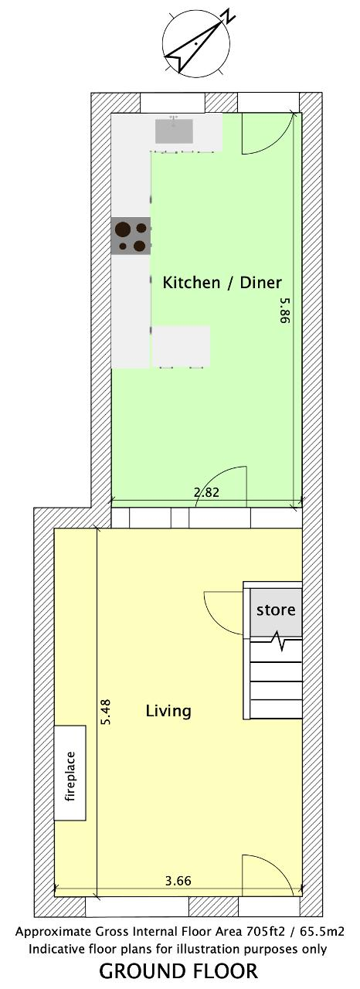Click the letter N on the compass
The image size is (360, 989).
click(x=229, y=16)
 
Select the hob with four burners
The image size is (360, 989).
click(x=131, y=236)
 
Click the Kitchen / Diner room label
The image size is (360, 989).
click(x=222, y=283)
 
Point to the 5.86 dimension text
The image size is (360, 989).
click(x=285, y=311)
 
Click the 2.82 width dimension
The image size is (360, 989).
click(x=206, y=492)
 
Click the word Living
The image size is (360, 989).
click(x=168, y=711)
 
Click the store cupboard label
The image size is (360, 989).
click(x=276, y=610)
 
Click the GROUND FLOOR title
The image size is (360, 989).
click(x=178, y=971)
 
